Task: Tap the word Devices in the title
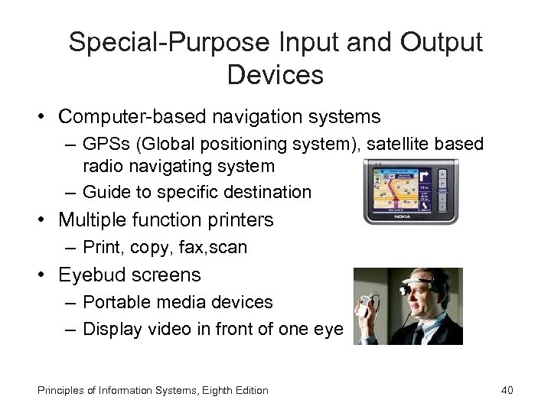[275, 75]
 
